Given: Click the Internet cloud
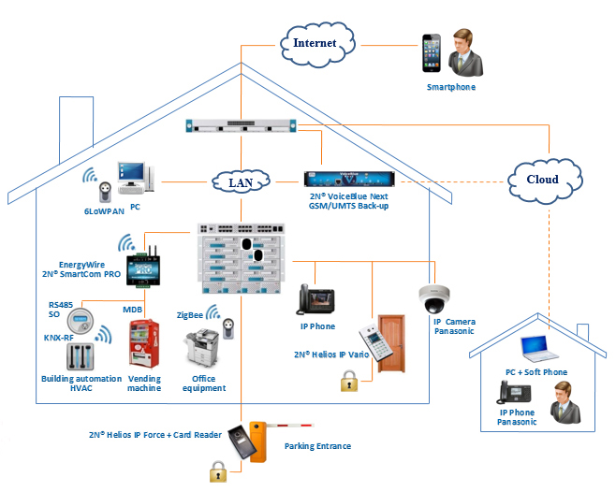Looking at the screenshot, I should [x=315, y=42].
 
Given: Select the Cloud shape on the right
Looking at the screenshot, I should [x=542, y=179].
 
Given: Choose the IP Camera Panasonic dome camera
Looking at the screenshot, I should [x=435, y=298].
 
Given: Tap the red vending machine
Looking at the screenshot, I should [x=144, y=345].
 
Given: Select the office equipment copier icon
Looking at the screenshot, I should [x=200, y=351].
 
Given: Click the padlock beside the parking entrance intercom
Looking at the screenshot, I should [x=217, y=472].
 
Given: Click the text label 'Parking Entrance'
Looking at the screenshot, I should [x=317, y=446].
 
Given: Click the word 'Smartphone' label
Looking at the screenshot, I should [x=451, y=87].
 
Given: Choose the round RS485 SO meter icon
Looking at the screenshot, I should [x=86, y=319].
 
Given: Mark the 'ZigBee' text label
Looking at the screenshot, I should [x=190, y=315].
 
